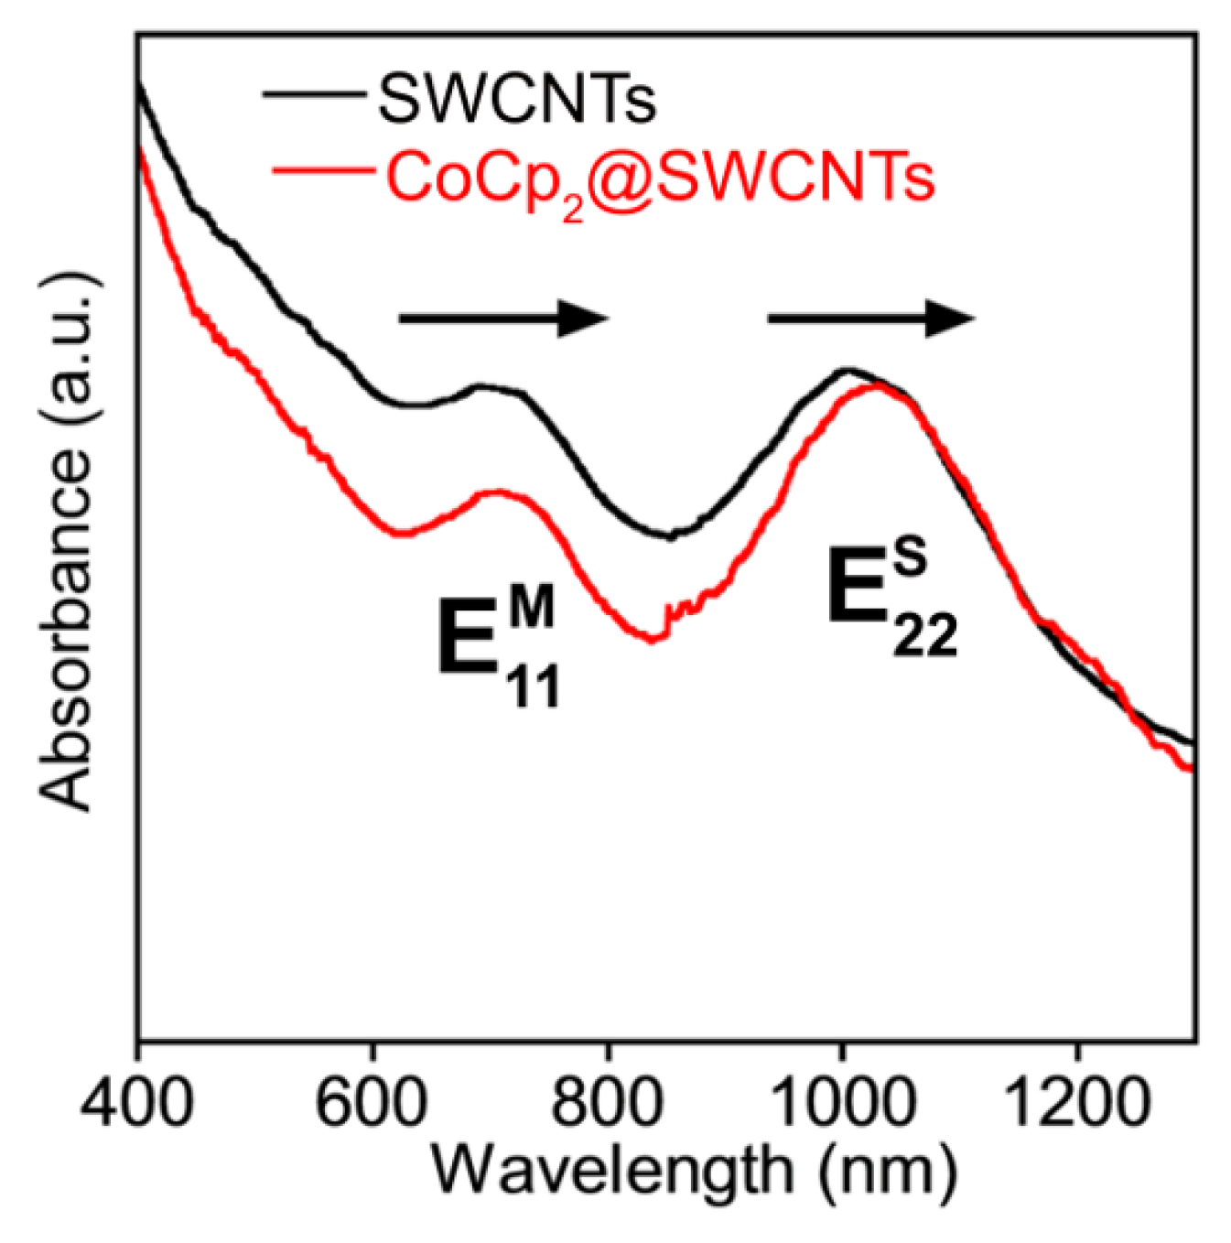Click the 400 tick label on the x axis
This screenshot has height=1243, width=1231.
(137, 1101)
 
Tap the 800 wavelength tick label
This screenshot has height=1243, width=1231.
(607, 1101)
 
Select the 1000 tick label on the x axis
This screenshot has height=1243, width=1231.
(843, 1101)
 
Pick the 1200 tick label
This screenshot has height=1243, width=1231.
(1076, 1101)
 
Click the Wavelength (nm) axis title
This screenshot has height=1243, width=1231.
(694, 1171)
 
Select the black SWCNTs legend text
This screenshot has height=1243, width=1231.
(517, 99)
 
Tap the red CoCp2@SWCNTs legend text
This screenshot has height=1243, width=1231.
(660, 178)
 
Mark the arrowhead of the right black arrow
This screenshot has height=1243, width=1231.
(952, 319)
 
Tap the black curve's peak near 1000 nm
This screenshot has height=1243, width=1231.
(848, 370)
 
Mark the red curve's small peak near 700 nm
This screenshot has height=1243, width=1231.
(495, 492)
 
